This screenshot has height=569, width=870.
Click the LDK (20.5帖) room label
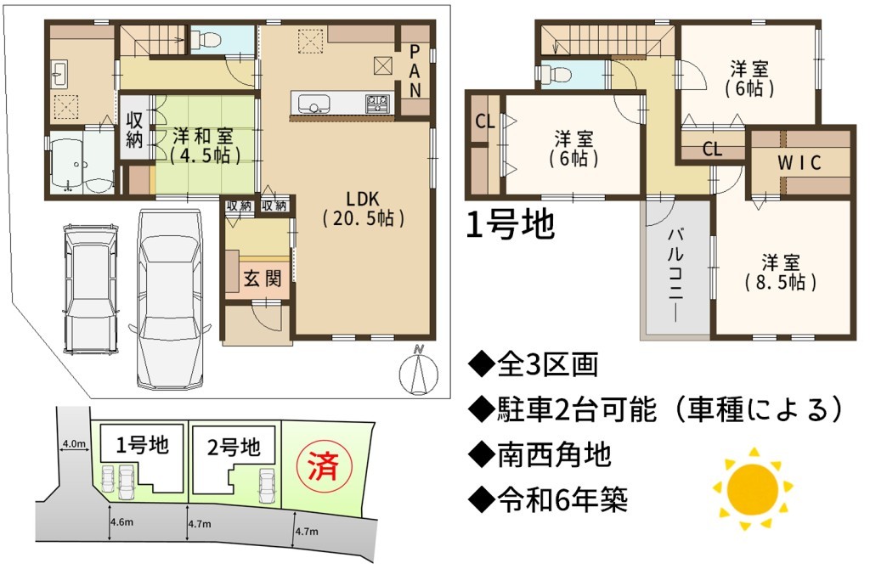click(x=363, y=209)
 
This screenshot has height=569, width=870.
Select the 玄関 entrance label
click(x=263, y=279)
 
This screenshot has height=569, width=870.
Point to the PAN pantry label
click(x=415, y=71)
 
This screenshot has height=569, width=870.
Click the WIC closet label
click(x=799, y=163)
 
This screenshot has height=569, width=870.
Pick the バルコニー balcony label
click(x=675, y=274)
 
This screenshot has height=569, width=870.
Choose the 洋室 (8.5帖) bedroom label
click(x=780, y=273)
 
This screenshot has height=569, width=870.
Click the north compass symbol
click(x=418, y=370)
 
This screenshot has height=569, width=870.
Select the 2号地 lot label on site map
click(x=234, y=447)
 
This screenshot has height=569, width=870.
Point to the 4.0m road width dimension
click(x=74, y=443)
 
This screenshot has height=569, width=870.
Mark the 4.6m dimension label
click(x=121, y=521)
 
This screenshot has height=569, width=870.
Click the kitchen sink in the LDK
click(x=314, y=104)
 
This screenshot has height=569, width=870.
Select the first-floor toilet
click(x=206, y=39)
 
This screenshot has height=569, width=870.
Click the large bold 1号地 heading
click(x=510, y=225)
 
